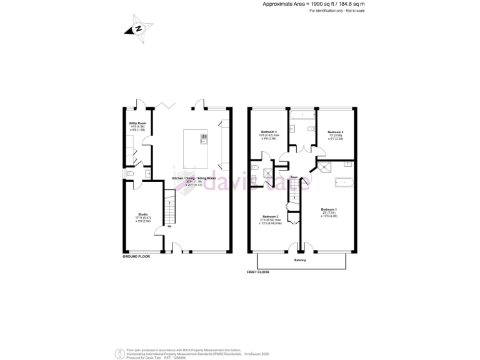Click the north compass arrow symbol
[x=139, y=29]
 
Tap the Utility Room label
[x=137, y=124]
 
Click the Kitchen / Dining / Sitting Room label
[x=194, y=178]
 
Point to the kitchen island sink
[x=203, y=137]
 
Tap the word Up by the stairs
[x=169, y=226]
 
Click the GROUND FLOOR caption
[x=137, y=256]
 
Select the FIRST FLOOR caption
[x=262, y=272]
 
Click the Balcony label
[x=301, y=261]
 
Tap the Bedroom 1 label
[x=329, y=209]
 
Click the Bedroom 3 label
[x=269, y=132]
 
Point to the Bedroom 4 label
[x=336, y=132]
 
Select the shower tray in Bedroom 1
[x=325, y=166]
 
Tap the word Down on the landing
[x=294, y=177]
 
